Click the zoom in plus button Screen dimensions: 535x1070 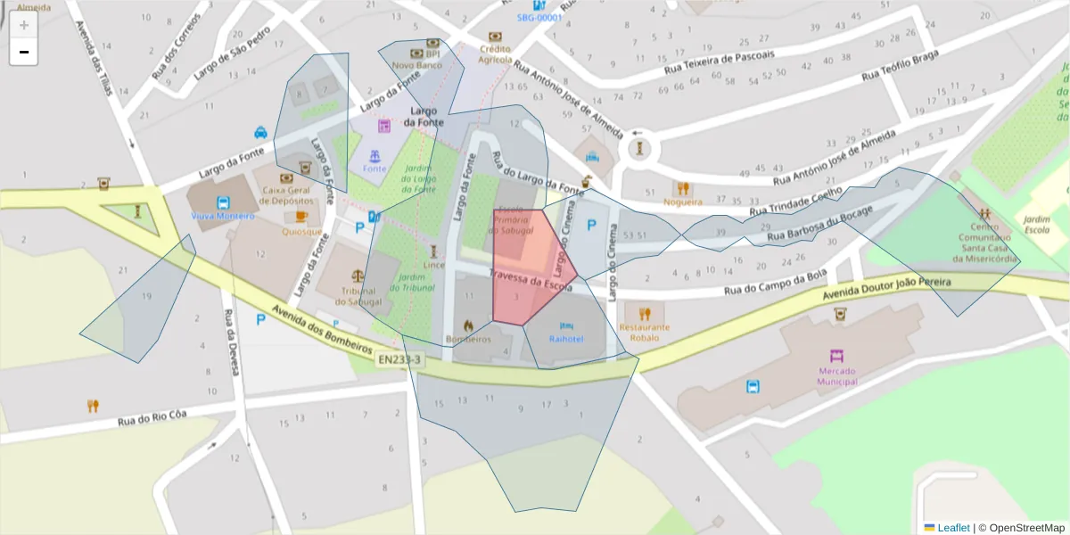(x=24, y=24)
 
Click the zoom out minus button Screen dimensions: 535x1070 (x=24, y=52)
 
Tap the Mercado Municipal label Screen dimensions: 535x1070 (x=837, y=376)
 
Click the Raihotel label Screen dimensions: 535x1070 (x=566, y=339)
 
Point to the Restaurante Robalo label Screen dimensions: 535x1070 (x=644, y=332)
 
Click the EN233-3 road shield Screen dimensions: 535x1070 (x=398, y=360)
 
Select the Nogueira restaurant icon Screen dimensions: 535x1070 (x=683, y=188)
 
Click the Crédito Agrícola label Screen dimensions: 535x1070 (x=495, y=54)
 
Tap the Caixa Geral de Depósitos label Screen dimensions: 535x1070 (x=287, y=196)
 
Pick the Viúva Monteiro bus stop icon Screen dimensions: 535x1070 (x=222, y=202)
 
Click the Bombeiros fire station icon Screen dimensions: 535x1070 (x=468, y=325)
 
